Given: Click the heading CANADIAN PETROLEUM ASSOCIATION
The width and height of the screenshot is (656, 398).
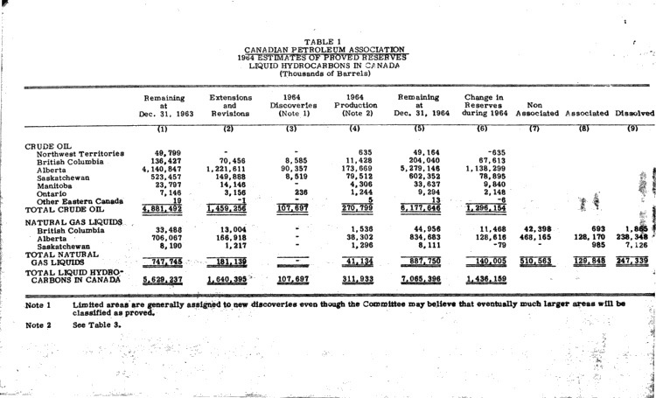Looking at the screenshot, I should pyautogui.click(x=324, y=49).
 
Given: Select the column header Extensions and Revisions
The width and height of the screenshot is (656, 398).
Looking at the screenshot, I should pyautogui.click(x=231, y=105).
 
